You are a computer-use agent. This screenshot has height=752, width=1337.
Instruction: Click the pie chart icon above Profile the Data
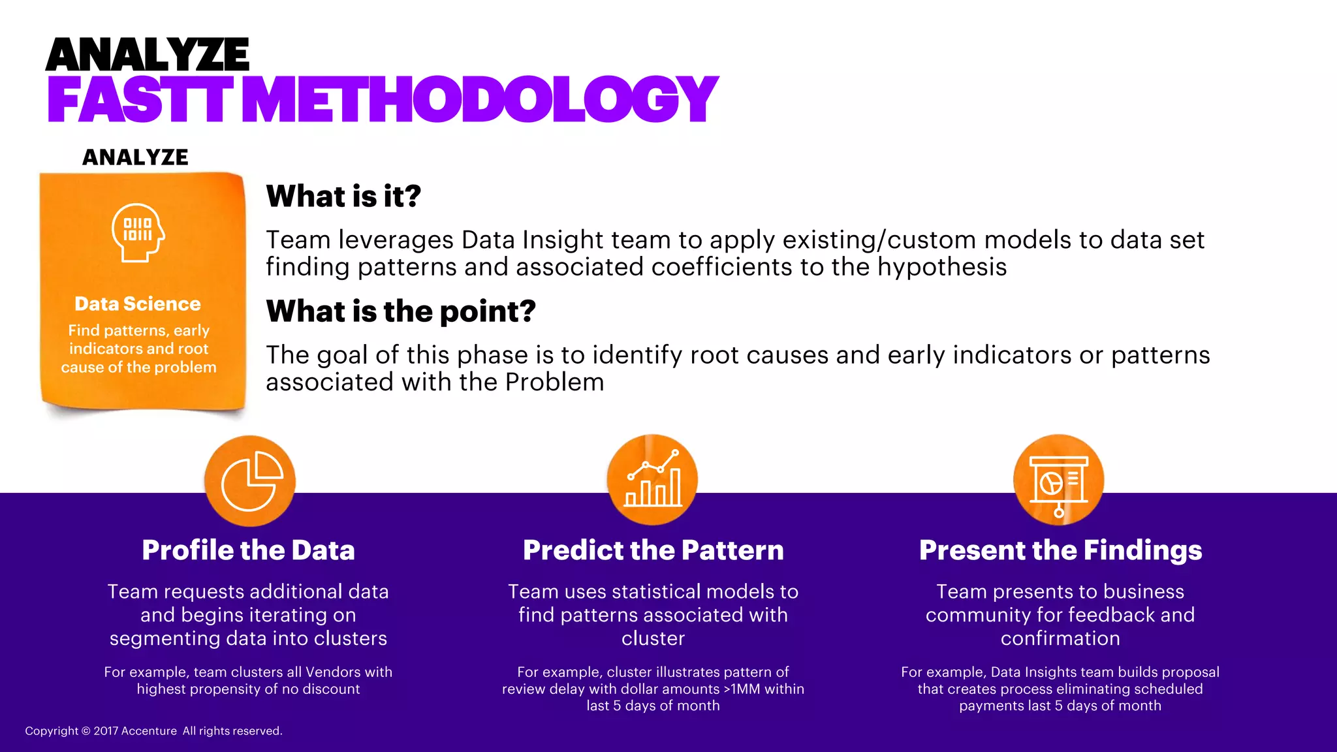pyautogui.click(x=250, y=481)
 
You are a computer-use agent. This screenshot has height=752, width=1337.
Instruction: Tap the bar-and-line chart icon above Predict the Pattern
pyautogui.click(x=652, y=480)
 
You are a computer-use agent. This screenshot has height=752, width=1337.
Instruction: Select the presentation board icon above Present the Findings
pyautogui.click(x=1059, y=481)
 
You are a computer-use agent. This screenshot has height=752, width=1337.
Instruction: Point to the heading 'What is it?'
pyautogui.click(x=343, y=196)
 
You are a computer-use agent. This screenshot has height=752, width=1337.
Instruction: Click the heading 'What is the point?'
pyautogui.click(x=401, y=311)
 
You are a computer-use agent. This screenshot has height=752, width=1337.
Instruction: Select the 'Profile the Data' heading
pyautogui.click(x=248, y=550)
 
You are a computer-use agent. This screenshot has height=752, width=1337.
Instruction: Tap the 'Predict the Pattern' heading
pyautogui.click(x=653, y=550)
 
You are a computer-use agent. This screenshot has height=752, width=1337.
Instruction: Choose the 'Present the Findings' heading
pyautogui.click(x=1060, y=550)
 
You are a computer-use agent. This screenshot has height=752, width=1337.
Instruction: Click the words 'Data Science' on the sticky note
pyautogui.click(x=138, y=304)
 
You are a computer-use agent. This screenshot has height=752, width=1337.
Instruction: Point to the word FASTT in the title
pyautogui.click(x=139, y=100)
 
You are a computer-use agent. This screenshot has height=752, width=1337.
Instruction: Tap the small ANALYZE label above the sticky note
pyautogui.click(x=135, y=157)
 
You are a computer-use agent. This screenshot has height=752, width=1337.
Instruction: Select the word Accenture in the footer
pyautogui.click(x=149, y=731)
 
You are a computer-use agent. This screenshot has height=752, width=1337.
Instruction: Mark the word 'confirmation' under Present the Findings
pyautogui.click(x=1060, y=638)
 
